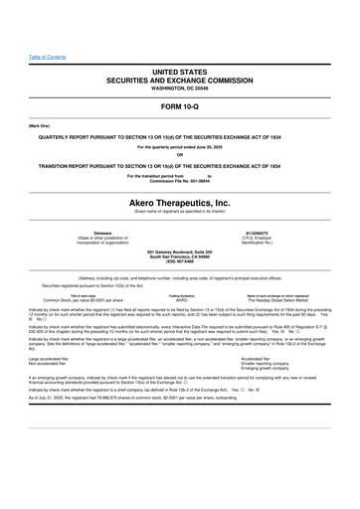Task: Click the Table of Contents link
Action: pos(47,57)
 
